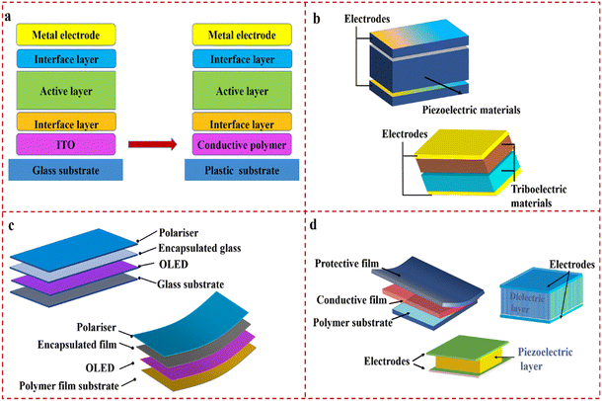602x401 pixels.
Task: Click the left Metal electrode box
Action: tap(66, 36)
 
